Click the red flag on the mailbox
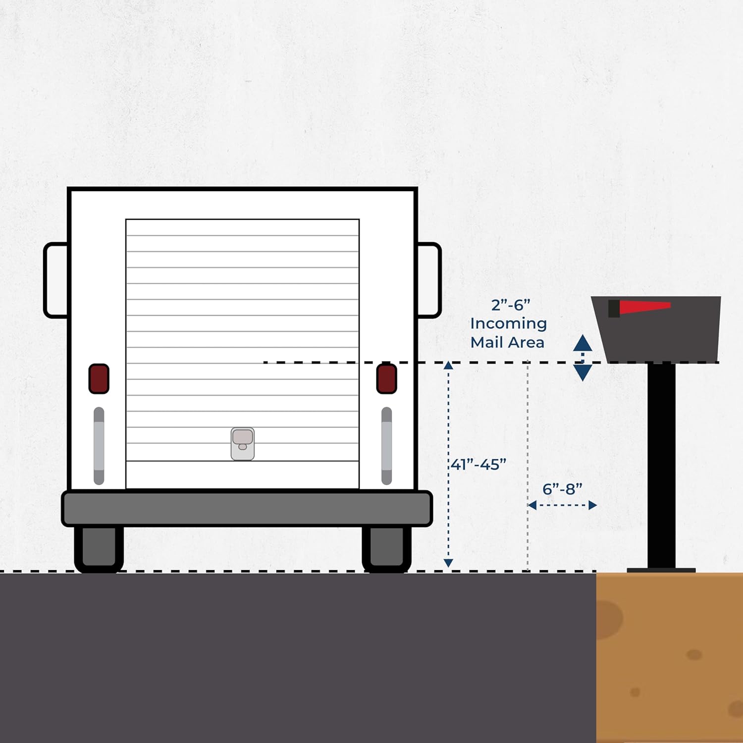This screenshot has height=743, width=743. click(x=639, y=308)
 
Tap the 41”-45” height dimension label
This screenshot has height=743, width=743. click(x=478, y=464)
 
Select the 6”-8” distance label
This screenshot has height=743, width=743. click(x=562, y=489)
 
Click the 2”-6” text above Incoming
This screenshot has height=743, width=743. click(x=511, y=305)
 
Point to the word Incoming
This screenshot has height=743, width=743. click(x=509, y=324)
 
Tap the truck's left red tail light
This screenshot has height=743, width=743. click(x=99, y=379)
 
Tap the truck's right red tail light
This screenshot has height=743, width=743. click(x=386, y=379)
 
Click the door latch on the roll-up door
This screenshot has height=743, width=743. click(x=243, y=444)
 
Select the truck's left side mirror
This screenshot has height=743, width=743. click(x=56, y=280)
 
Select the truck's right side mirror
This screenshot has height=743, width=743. click(x=429, y=280)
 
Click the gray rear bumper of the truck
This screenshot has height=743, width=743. click(x=247, y=508)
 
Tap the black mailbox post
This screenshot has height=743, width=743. click(x=661, y=466)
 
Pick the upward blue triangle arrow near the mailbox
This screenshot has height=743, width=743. click(x=583, y=343)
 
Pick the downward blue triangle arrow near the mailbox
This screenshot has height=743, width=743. click(x=583, y=373)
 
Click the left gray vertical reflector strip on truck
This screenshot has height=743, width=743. click(x=99, y=446)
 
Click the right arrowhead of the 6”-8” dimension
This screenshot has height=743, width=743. click(x=592, y=505)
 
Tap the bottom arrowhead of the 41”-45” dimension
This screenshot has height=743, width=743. click(x=448, y=563)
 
